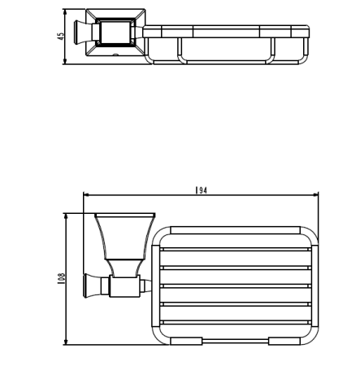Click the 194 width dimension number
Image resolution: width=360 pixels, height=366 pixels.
[x=201, y=190]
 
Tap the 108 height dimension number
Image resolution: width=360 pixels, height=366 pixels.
[x=61, y=279]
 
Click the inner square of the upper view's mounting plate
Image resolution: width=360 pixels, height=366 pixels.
[x=111, y=34]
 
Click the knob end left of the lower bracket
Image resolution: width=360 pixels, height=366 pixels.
[x=89, y=285]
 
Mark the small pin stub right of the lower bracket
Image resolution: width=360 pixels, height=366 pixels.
[x=145, y=285]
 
